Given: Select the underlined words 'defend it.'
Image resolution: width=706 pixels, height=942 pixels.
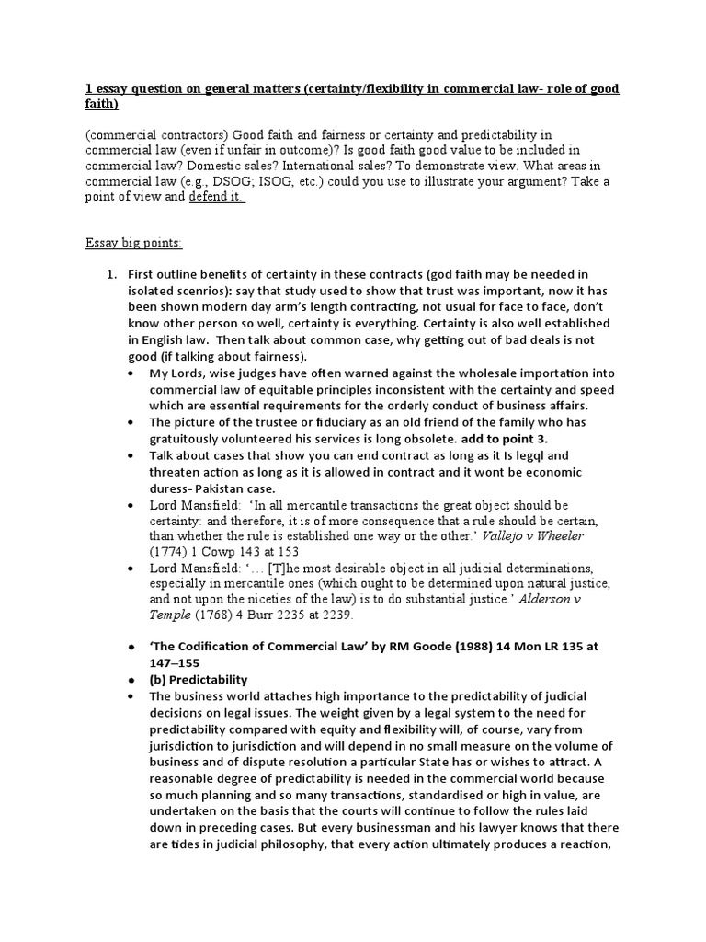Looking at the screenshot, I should point(217,197).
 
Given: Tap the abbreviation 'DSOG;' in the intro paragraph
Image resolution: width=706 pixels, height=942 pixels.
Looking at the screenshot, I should point(254,182).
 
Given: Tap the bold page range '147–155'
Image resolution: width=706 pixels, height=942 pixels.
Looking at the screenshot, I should point(174,661).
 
